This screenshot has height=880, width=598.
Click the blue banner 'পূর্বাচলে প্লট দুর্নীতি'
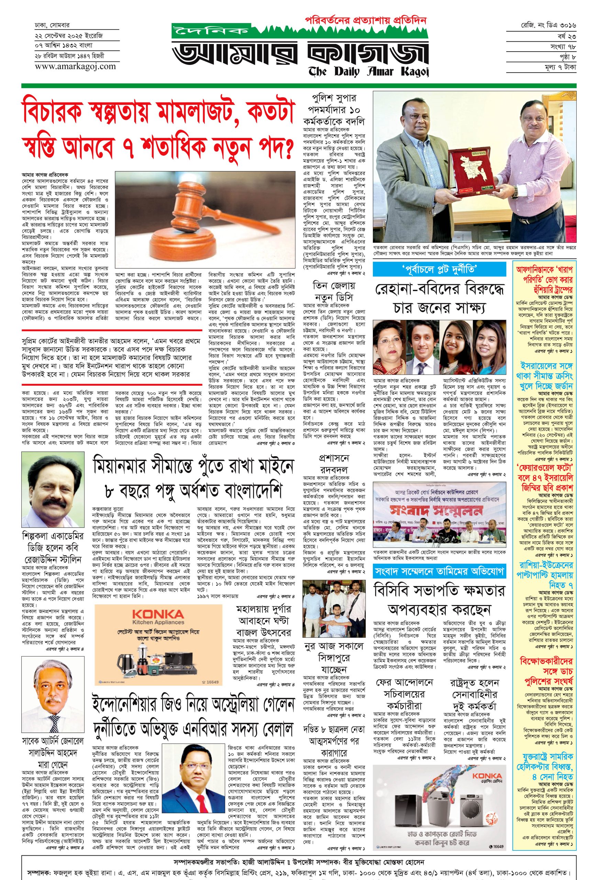pyautogui.click(x=439, y=269)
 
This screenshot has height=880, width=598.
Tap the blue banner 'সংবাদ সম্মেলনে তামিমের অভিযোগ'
pyautogui.click(x=439, y=571)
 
